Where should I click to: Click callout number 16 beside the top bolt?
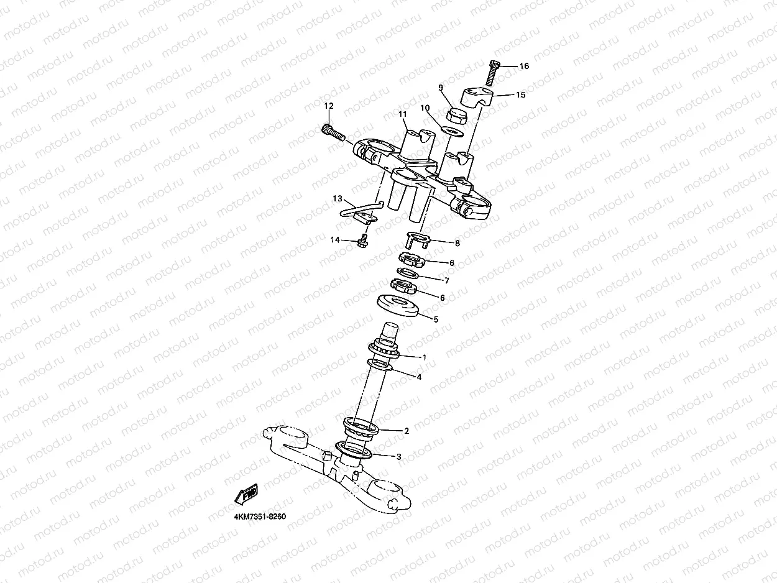[524, 66]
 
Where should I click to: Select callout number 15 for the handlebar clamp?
[520, 95]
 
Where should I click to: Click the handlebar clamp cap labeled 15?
[477, 96]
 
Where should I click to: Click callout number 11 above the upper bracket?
[403, 114]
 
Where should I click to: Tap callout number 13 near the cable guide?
[338, 199]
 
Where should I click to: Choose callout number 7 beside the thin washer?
[446, 280]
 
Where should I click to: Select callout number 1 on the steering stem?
[425, 357]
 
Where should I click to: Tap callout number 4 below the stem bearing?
[419, 377]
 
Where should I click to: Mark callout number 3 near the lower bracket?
[398, 456]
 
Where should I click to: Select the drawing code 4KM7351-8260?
[260, 517]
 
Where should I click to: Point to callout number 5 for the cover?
[435, 319]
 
